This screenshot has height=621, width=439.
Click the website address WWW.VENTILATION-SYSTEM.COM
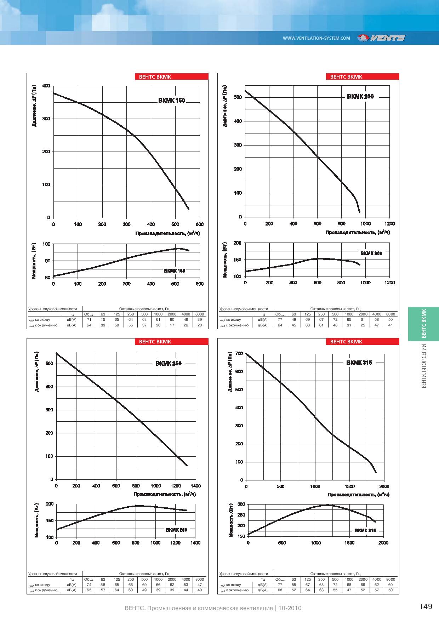click(x=316, y=38)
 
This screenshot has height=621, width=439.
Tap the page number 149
click(x=426, y=607)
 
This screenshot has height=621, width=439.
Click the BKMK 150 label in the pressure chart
click(x=172, y=101)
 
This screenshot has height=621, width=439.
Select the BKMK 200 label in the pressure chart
click(x=360, y=96)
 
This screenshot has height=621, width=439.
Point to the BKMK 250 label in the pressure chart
click(x=169, y=363)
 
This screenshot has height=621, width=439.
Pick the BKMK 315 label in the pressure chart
click(x=359, y=363)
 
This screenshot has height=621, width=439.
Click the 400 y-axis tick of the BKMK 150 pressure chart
click(x=46, y=86)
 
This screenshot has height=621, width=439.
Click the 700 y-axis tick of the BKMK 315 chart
click(x=239, y=354)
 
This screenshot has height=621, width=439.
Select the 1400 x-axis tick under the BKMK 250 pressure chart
click(x=195, y=486)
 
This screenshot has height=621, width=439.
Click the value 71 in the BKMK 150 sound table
click(x=89, y=319)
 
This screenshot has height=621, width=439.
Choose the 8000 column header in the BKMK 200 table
click(x=390, y=314)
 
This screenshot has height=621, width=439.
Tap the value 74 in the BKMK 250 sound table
click(x=89, y=585)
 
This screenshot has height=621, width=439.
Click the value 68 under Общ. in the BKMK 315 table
click(x=280, y=590)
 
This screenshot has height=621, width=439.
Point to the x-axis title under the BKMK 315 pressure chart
click(x=358, y=494)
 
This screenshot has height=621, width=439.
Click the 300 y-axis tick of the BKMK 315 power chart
click(x=241, y=504)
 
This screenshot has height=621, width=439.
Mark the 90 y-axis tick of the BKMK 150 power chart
click(x=47, y=261)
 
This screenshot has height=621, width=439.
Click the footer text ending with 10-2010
click(x=213, y=608)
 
